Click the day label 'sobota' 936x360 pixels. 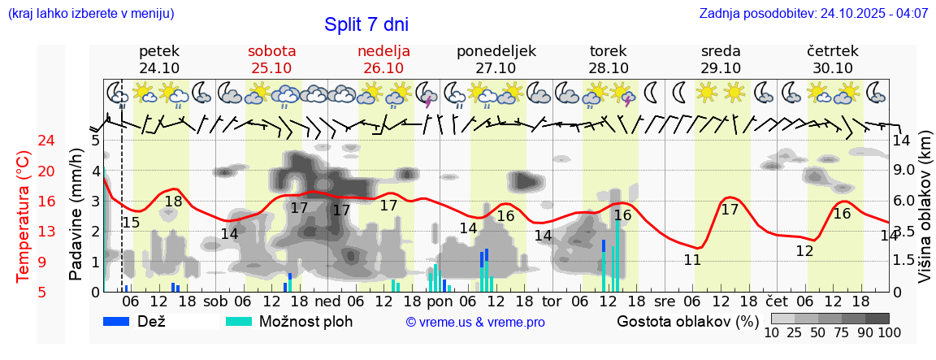tap(271, 51)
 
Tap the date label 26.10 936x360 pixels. tap(383, 68)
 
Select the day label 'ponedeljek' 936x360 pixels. tap(496, 51)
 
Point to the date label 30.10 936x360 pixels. tap(832, 68)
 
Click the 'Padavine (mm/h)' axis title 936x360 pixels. tap(76, 215)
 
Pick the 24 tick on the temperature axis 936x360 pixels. tap(24, 141)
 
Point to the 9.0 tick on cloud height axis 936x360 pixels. tap(906, 171)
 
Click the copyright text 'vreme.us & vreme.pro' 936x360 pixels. tap(475, 323)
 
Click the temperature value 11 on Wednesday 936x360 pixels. tap(692, 260)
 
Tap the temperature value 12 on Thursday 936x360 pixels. tap(804, 251)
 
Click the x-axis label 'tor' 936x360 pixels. tap(552, 301)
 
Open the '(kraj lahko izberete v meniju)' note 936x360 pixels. tap(90, 14)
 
